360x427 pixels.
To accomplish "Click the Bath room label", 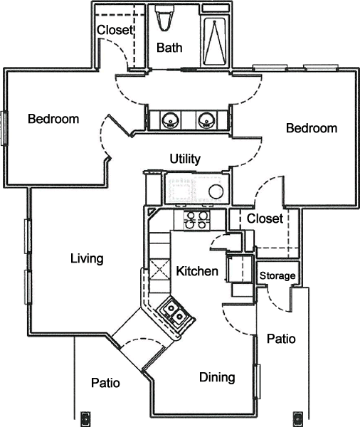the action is tap(169, 48).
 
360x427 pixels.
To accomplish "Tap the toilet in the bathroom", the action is tap(164, 17).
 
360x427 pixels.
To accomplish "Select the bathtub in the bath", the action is tap(215, 41).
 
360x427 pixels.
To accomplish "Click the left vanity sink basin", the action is tap(170, 120).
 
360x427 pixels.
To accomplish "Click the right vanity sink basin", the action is tap(207, 120).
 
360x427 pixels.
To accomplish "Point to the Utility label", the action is tap(185, 159).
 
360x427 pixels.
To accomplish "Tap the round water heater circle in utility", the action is tap(216, 191).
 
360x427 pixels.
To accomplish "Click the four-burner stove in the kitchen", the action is tap(196, 221).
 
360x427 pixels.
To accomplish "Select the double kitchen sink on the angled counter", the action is tap(175, 312).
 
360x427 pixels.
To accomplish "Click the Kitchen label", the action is tap(197, 271).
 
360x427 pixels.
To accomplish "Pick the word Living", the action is tap(87, 259).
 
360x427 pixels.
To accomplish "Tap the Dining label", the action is tap(217, 377).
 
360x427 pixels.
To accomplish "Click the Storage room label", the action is tap(277, 276).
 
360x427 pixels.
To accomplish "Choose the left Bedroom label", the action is tap(53, 119).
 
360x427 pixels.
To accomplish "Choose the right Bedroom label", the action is tap(312, 128).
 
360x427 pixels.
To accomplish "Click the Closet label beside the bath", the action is tap(115, 30).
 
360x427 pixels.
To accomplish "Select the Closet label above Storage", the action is tap(265, 218).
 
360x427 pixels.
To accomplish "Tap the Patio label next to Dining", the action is tap(281, 339).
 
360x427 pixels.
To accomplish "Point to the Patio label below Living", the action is tap(105, 383).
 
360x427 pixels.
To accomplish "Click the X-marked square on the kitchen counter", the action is tap(159, 269).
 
